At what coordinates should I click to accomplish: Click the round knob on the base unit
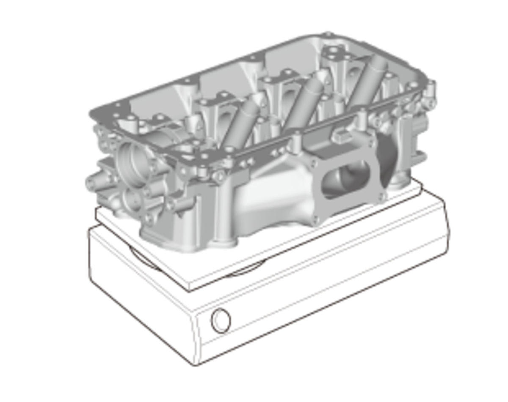coord(221,320)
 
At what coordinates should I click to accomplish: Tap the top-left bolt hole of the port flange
coord(314,162)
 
